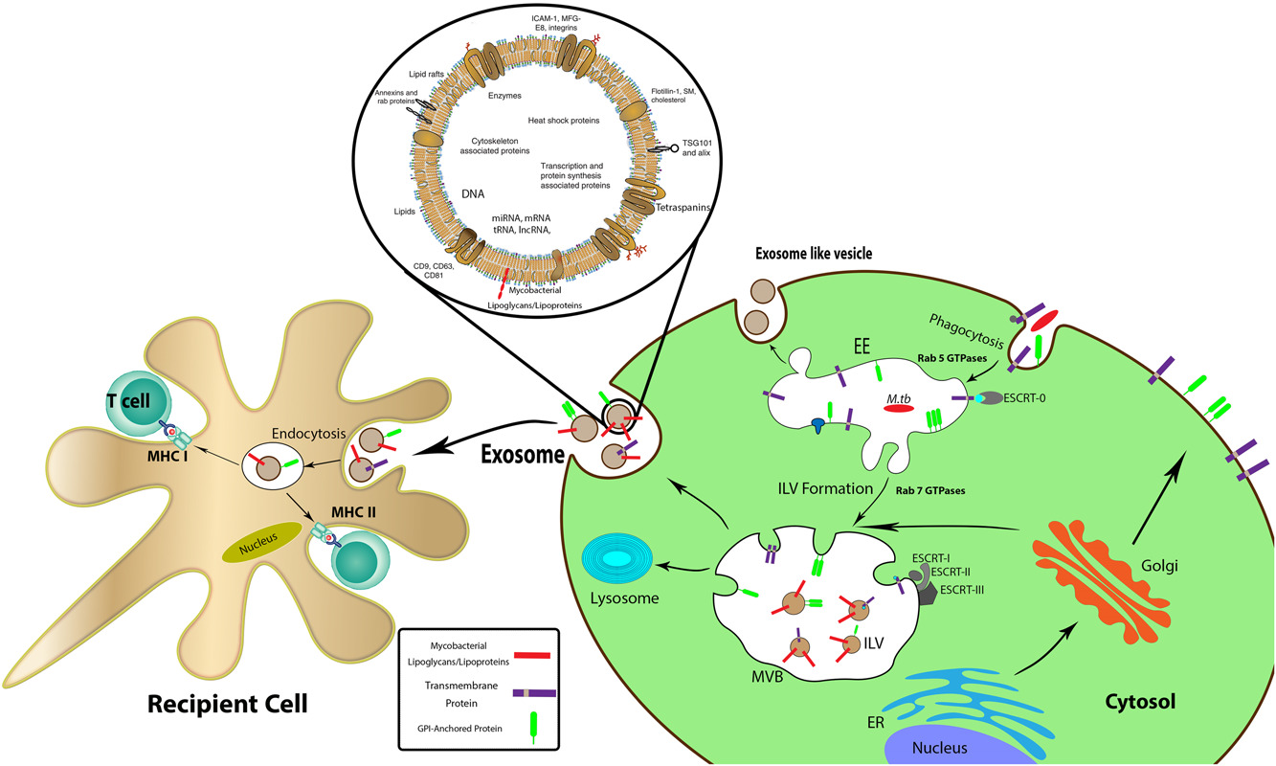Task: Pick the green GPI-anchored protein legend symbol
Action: [x=521, y=735]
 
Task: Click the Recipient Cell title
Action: [x=227, y=705]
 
